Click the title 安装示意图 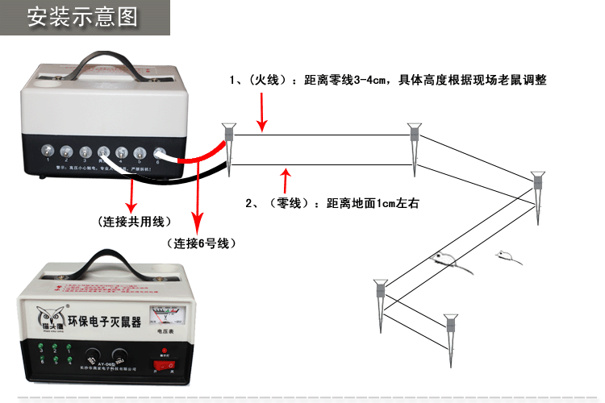coord(82,17)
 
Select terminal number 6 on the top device coord(157,152)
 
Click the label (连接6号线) coord(199,243)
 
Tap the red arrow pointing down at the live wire coord(261,111)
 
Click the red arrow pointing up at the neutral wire coord(283,180)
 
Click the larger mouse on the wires coord(443,259)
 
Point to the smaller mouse coord(507,256)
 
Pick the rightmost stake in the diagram coord(538,193)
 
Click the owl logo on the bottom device coord(48,317)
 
